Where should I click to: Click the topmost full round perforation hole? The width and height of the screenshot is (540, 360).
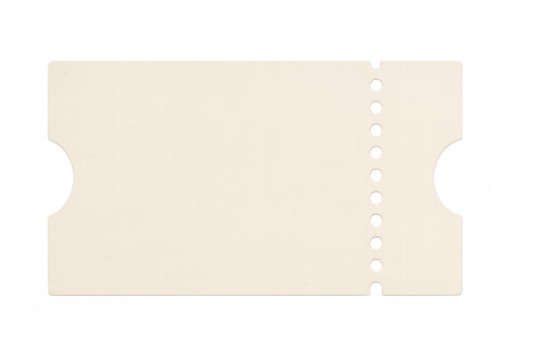[x=377, y=84]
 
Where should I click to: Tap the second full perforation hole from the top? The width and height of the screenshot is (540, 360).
[x=377, y=106]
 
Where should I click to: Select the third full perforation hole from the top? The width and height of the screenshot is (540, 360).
[x=377, y=129]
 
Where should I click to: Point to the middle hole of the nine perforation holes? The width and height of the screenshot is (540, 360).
[x=377, y=174]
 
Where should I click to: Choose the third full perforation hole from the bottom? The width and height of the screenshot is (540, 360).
[x=377, y=219]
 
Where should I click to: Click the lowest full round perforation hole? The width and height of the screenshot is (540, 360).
[x=377, y=264]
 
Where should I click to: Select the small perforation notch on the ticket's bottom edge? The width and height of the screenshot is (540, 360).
[x=377, y=288]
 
